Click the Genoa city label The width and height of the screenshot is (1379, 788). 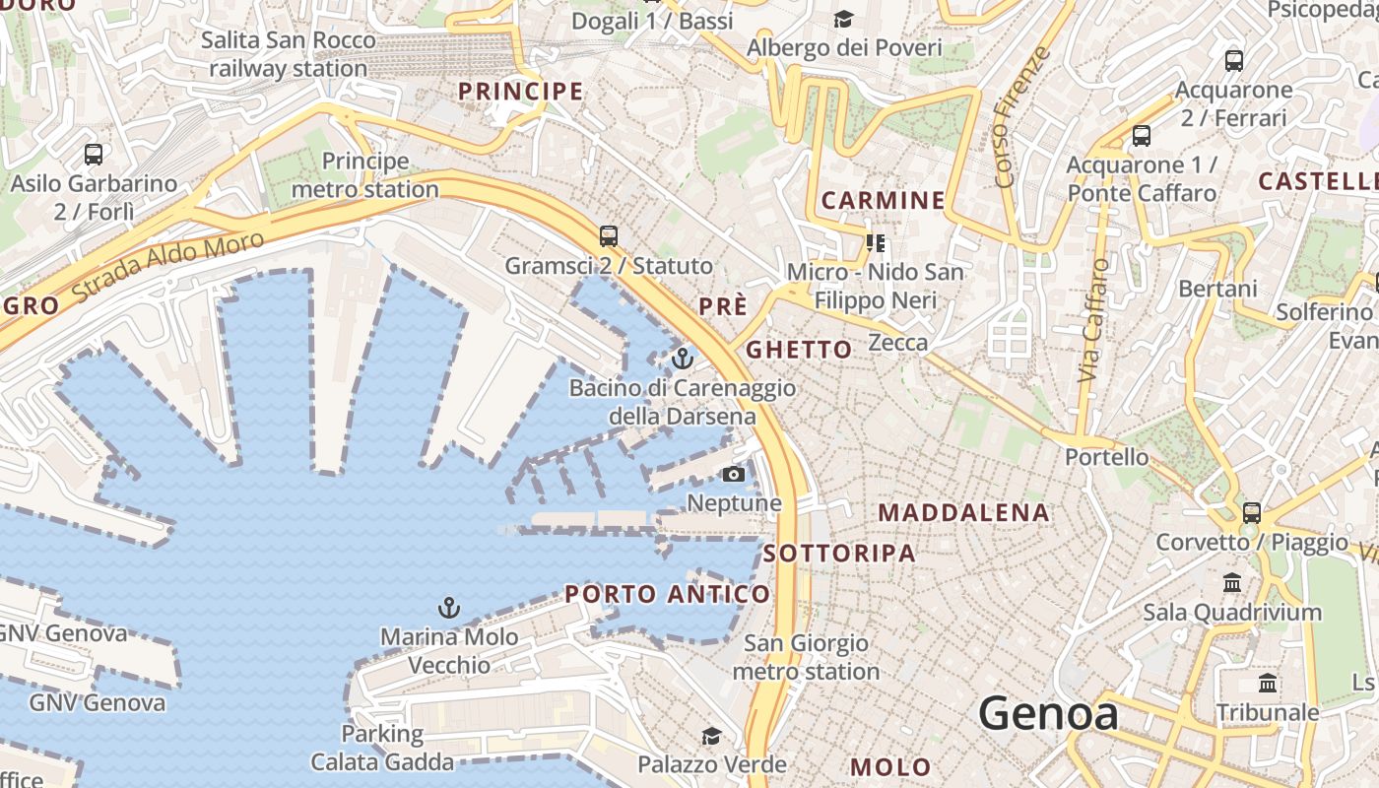pyautogui.click(x=1048, y=713)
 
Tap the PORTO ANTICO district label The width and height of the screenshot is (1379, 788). pyautogui.click(x=667, y=594)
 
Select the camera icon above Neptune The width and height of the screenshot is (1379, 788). pyautogui.click(x=733, y=475)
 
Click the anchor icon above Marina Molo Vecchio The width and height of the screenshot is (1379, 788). pyautogui.click(x=449, y=607)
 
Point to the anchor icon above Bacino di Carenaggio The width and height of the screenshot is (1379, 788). pyautogui.click(x=683, y=358)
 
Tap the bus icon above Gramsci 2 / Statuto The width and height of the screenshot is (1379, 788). pyautogui.click(x=609, y=236)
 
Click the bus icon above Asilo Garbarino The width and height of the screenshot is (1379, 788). pyautogui.click(x=94, y=155)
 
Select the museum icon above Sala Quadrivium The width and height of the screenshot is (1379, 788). pyautogui.click(x=1232, y=583)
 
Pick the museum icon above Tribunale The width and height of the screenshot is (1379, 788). pyautogui.click(x=1268, y=683)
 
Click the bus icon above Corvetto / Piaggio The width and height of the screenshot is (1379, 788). pyautogui.click(x=1251, y=513)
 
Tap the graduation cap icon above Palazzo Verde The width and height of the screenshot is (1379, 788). pyautogui.click(x=711, y=736)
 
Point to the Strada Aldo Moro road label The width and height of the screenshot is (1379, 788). pyautogui.click(x=168, y=266)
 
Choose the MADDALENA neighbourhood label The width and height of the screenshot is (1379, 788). pyautogui.click(x=963, y=512)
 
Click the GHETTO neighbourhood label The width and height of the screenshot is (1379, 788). pyautogui.click(x=799, y=350)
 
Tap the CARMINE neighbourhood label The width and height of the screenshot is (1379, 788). pyautogui.click(x=883, y=201)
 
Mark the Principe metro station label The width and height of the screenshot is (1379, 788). pyautogui.click(x=365, y=174)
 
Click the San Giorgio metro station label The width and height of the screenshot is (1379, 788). pyautogui.click(x=806, y=657)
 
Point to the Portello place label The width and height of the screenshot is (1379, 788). pyautogui.click(x=1106, y=457)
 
